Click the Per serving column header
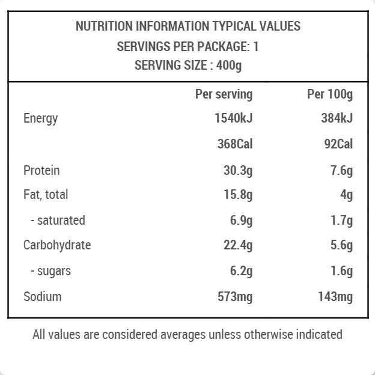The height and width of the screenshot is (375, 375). click(224, 94)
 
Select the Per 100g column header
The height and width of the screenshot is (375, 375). click(329, 94)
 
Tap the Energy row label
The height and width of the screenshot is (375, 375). click(41, 118)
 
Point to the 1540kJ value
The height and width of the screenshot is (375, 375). click(233, 118)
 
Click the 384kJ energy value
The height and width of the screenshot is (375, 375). click(337, 118)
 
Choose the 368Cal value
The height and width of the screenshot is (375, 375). click(235, 144)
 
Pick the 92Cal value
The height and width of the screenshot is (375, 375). click(338, 144)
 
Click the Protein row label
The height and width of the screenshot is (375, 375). click(41, 171)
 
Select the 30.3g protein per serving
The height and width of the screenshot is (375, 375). click(238, 171)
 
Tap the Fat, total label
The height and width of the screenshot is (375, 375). click(46, 195)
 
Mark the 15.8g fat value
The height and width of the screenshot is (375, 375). click(238, 195)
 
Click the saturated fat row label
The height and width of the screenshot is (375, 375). click(58, 221)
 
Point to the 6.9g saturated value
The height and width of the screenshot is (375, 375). click(241, 221)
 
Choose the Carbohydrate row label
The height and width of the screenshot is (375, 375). click(57, 245)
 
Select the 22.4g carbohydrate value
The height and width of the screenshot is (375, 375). click(238, 245)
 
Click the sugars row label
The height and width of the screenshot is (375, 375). click(50, 271)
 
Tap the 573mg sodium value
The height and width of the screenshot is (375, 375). click(235, 297)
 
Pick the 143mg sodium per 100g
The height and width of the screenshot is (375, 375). click(335, 297)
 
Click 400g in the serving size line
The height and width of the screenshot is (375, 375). click(230, 66)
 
